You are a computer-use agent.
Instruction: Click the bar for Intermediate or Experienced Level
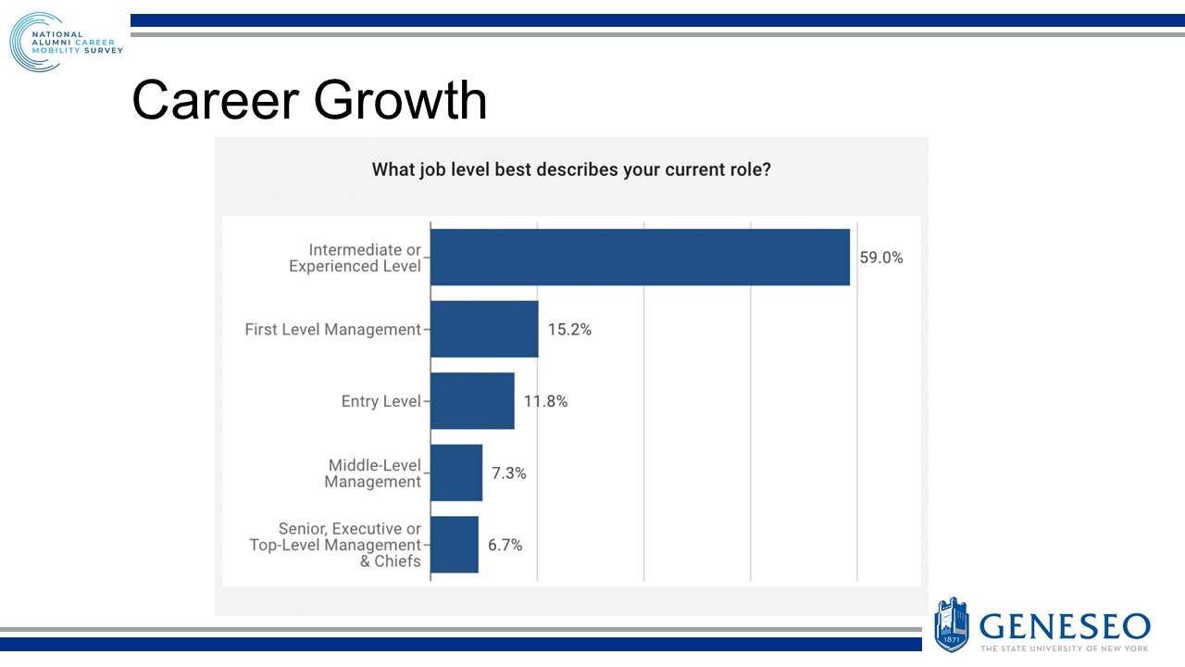(640, 258)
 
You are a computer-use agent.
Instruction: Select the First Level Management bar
(484, 329)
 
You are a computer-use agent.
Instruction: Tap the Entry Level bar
(472, 401)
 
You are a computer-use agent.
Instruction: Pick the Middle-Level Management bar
(456, 472)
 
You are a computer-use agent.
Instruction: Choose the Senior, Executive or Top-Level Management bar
(455, 545)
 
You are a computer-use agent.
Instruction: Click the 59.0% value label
(880, 258)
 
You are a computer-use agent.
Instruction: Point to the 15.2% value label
(569, 329)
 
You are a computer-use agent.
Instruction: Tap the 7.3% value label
(508, 473)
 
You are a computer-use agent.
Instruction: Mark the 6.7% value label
(505, 545)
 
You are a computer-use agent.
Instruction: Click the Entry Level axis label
(381, 401)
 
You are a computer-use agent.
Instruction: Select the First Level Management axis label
(332, 329)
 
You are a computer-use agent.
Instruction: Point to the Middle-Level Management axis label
(374, 473)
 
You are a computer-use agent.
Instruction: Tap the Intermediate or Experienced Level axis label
(355, 258)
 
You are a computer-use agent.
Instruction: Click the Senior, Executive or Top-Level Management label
(335, 545)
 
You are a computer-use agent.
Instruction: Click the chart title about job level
(571, 170)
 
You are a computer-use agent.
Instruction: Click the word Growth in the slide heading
(399, 100)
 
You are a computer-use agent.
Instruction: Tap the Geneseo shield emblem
(952, 623)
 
